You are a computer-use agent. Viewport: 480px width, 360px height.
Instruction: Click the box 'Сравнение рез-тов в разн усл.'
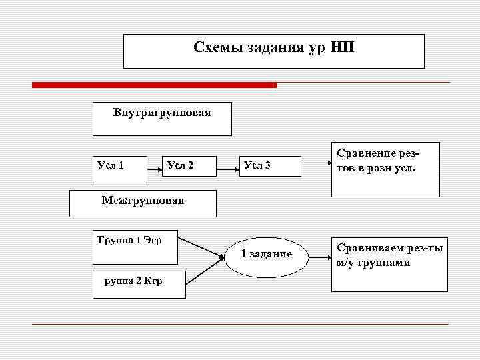(x=385, y=169)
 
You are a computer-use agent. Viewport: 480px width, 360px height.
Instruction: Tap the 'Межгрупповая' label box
(x=143, y=203)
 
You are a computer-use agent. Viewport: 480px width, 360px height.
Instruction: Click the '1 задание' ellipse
(x=266, y=255)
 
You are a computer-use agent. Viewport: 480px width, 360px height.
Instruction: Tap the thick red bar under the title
(x=154, y=85)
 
